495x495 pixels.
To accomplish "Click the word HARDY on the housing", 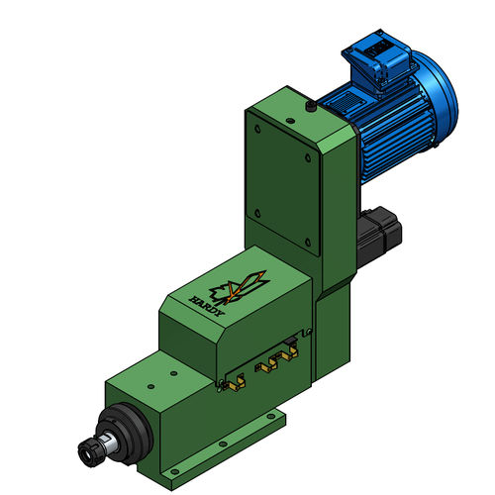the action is point(206,306).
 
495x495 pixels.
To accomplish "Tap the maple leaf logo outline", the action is point(239,288).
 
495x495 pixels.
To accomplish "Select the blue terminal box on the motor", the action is point(379,61).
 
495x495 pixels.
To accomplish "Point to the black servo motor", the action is point(379,235).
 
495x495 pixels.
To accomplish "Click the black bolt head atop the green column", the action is point(311,106).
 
